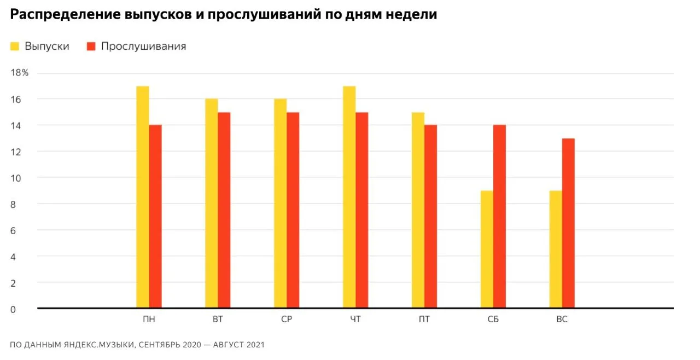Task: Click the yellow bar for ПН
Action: pos(143,197)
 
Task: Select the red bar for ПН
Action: pos(155,216)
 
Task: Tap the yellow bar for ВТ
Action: pos(212,203)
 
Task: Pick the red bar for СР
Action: pos(293,210)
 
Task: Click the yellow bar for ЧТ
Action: pos(349,197)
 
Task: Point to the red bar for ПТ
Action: pos(430,216)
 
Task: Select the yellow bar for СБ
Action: pos(487,249)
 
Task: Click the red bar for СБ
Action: pos(499,216)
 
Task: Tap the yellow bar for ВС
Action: pos(556,249)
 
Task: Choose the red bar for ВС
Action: pos(568,223)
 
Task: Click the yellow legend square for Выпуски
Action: pos(15,47)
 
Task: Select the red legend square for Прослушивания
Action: pos(91,47)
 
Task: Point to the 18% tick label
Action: pos(19,73)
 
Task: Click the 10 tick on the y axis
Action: pos(16,178)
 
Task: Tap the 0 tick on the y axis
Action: pos(13,309)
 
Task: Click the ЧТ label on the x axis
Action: pos(355,319)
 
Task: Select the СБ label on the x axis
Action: pos(493,319)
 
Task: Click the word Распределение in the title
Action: pos(65,15)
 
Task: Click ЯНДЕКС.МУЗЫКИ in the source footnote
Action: pos(100,345)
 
